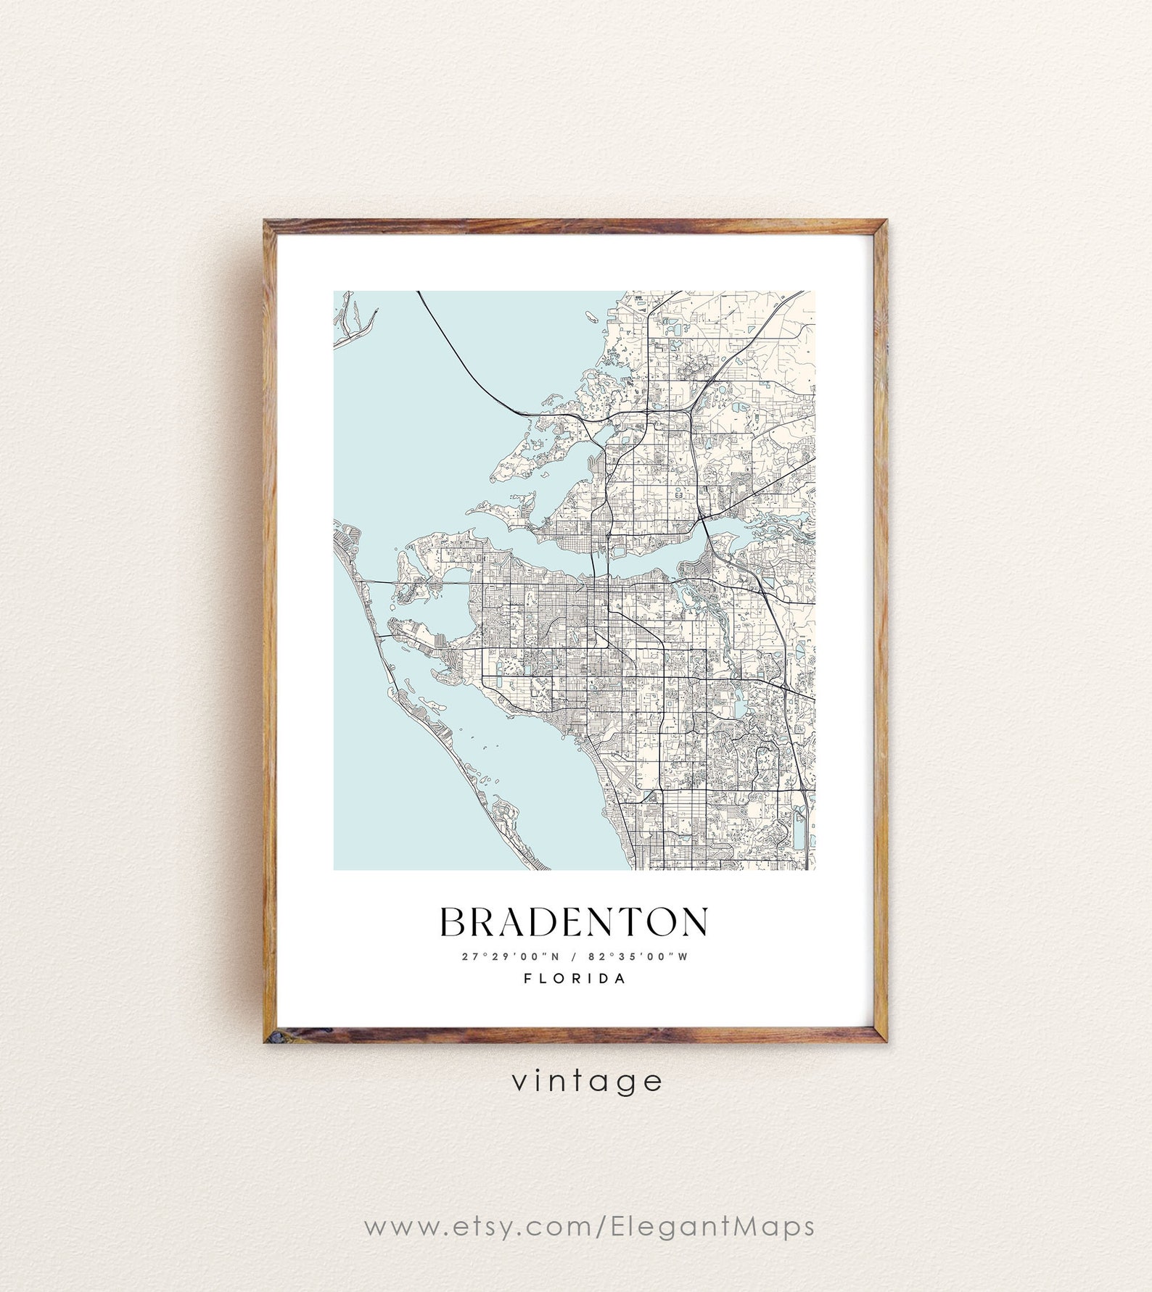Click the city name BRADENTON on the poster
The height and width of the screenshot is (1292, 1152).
pyautogui.click(x=574, y=922)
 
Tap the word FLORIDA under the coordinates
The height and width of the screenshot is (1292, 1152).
pyautogui.click(x=575, y=979)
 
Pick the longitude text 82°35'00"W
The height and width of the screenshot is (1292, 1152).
pyautogui.click(x=639, y=956)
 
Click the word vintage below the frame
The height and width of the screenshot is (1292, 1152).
pyautogui.click(x=587, y=1081)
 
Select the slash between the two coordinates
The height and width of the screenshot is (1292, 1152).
pyautogui.click(x=574, y=956)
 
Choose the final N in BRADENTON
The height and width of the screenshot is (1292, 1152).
pyautogui.click(x=694, y=922)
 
